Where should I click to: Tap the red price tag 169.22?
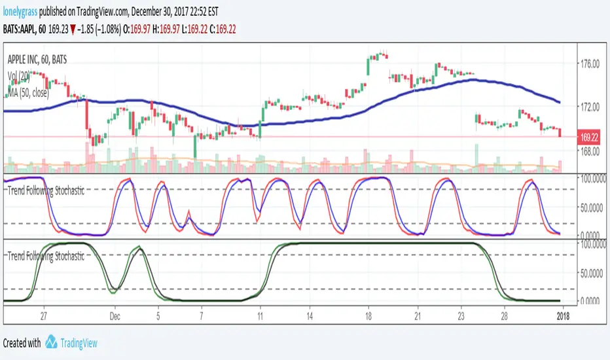(590, 137)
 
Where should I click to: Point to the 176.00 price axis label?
(590, 64)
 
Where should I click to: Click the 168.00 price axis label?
(590, 151)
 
